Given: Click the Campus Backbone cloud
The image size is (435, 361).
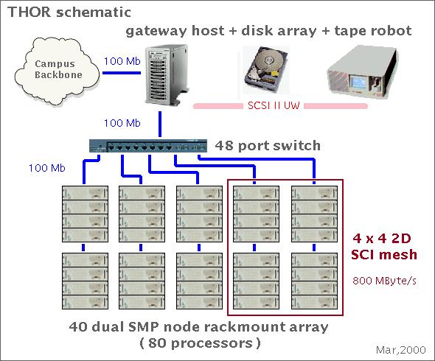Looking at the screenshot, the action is click(x=57, y=71).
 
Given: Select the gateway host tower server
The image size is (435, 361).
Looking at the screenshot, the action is click(x=167, y=75).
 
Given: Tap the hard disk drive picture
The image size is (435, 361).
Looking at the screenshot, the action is click(x=265, y=70).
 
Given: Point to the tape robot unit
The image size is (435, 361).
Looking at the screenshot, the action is click(x=362, y=73).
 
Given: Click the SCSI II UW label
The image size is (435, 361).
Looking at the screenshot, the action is click(x=274, y=105).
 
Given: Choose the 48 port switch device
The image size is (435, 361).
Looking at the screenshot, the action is click(x=148, y=146).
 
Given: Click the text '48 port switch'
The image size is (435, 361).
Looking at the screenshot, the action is click(x=268, y=146).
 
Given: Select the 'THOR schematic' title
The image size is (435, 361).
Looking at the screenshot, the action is click(x=69, y=13).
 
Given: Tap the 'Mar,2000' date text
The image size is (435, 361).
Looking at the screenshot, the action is click(x=400, y=350).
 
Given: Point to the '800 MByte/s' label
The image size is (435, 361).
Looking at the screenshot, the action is click(x=384, y=281).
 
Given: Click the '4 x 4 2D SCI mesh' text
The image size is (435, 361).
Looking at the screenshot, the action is click(x=384, y=247).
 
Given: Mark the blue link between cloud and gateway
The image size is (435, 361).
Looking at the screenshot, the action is click(x=122, y=73).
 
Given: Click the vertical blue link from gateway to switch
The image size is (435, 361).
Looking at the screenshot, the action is click(x=160, y=125).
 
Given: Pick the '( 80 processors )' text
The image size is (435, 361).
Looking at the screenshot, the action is click(x=201, y=343).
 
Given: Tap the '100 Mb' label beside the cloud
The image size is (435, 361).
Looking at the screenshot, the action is click(x=122, y=61).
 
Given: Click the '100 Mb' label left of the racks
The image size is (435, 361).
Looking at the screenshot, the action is click(x=47, y=168).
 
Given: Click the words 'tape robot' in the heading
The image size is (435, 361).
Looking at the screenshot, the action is click(x=373, y=31).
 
